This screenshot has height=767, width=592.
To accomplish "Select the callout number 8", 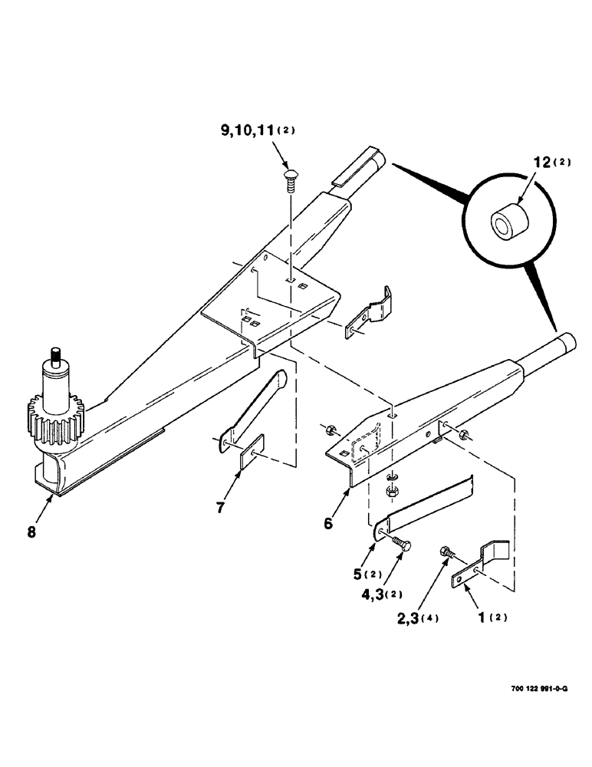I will [31, 529].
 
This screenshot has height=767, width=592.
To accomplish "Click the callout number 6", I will [327, 523].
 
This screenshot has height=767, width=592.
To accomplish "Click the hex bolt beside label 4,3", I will [402, 545].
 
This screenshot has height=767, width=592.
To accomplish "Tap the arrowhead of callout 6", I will [349, 488].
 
